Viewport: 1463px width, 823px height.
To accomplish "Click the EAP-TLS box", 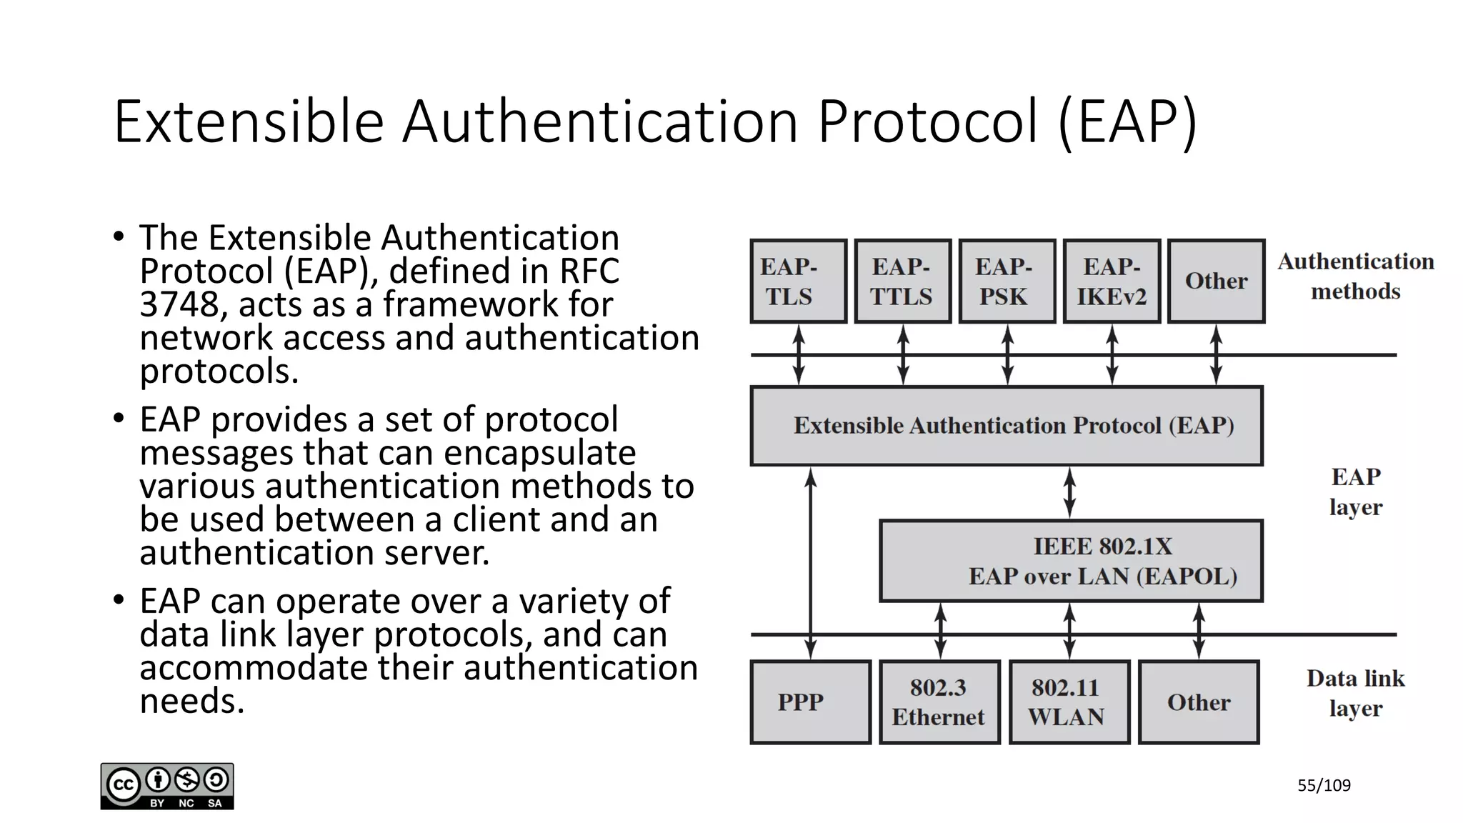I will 798,281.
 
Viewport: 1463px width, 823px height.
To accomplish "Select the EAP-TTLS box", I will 902,281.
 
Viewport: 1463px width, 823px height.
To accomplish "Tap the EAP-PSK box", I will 1007,281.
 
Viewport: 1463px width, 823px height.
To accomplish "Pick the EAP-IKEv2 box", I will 1111,281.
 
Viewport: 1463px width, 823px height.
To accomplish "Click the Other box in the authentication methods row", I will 1216,281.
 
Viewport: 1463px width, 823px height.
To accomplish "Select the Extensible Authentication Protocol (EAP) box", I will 1006,426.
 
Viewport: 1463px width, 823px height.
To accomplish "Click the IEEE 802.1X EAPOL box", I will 1070,561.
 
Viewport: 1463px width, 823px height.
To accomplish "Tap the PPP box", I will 810,702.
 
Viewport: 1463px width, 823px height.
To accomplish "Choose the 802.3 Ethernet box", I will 939,702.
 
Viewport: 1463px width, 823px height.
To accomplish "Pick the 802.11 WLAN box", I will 1069,702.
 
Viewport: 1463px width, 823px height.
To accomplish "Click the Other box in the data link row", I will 1198,702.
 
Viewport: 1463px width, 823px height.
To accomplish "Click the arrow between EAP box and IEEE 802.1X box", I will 1069,492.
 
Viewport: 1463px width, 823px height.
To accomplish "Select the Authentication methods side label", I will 1355,276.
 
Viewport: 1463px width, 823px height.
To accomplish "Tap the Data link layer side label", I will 1355,693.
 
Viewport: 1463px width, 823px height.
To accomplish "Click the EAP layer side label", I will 1355,492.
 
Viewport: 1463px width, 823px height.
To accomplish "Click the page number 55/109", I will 1324,786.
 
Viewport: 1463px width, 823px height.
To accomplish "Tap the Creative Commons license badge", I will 167,786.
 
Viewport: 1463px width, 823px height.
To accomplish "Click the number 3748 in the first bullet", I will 179,305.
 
